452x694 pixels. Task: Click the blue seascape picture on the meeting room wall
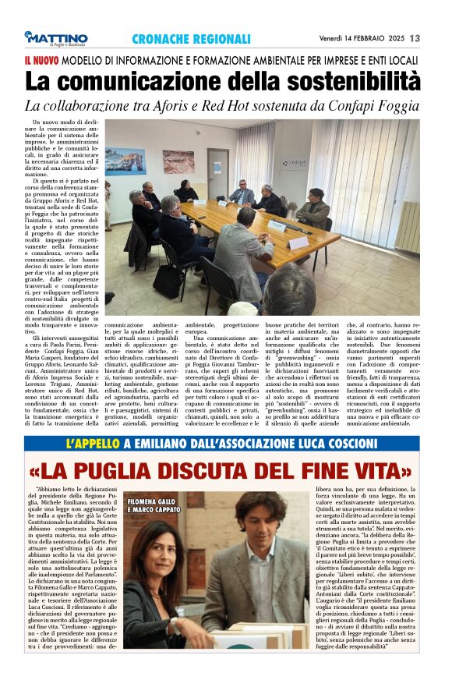[x=126, y=161]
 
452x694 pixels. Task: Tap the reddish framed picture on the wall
[x=178, y=161]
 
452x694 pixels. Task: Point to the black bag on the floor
[x=169, y=281]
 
